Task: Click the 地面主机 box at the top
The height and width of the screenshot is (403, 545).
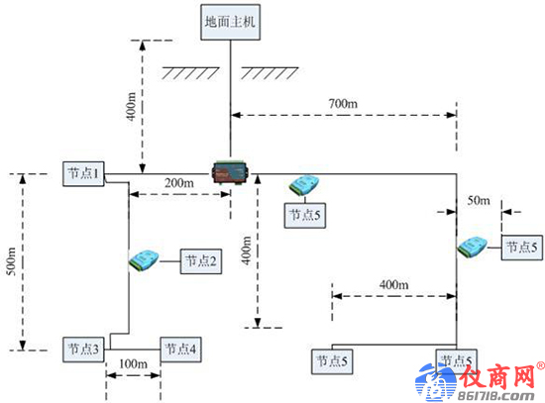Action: click(231, 22)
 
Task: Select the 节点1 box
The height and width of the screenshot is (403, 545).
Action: click(83, 173)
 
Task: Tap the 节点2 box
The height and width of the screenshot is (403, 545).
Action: click(201, 261)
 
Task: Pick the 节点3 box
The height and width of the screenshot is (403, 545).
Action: click(83, 350)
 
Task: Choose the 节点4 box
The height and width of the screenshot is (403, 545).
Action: click(180, 350)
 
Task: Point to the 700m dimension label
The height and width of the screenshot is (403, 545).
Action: click(343, 104)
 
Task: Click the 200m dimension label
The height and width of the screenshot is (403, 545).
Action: click(179, 183)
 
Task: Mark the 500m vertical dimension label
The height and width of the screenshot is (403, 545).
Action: click(12, 261)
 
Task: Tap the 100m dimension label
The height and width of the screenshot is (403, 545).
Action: click(133, 363)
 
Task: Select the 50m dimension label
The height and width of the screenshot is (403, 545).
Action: click(479, 200)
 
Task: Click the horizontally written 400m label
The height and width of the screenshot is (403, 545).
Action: click(393, 285)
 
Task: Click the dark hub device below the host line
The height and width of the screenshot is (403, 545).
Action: click(230, 172)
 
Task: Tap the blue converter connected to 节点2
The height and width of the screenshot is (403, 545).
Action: click(144, 260)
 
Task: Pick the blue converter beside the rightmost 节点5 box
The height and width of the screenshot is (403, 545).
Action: click(472, 247)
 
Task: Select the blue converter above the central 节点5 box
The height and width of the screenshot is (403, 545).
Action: click(304, 185)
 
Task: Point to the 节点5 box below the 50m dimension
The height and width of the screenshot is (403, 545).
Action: click(521, 248)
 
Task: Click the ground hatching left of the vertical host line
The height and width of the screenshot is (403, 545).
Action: click(190, 73)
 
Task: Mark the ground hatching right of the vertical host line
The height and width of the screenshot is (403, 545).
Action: click(270, 73)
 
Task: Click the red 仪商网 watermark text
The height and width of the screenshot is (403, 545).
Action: click(497, 376)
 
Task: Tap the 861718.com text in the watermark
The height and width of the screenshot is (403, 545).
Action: click(495, 396)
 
